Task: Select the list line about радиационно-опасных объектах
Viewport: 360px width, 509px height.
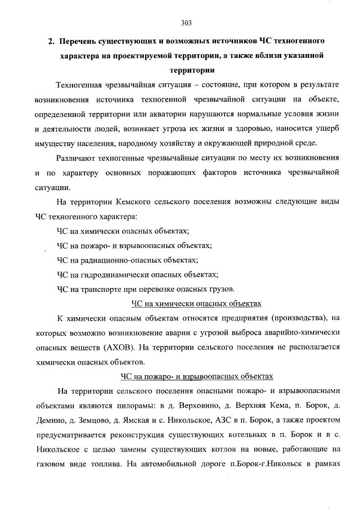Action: click(x=127, y=260)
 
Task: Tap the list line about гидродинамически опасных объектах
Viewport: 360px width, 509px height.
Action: click(x=137, y=274)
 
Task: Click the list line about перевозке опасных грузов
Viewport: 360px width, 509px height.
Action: click(x=145, y=289)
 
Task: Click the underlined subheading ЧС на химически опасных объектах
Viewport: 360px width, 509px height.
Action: click(x=196, y=304)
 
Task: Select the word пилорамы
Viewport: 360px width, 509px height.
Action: click(x=137, y=405)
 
